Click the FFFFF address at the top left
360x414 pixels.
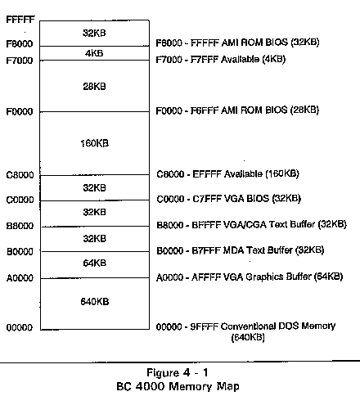pos(20,20)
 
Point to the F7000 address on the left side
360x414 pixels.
pos(20,61)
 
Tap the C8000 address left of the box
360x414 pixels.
pos(20,175)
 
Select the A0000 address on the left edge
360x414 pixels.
pos(20,278)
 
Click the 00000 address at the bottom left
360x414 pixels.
pos(20,327)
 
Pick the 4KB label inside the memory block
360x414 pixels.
pos(94,53)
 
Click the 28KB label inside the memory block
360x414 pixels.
pos(94,87)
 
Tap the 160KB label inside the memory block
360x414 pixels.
pos(95,143)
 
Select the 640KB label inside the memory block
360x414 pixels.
pos(95,301)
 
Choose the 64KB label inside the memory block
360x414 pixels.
pos(95,263)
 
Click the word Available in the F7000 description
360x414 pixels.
pos(240,59)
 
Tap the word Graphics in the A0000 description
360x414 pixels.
pos(264,277)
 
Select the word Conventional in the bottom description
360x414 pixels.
pos(251,326)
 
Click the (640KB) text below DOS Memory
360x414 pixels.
pos(248,337)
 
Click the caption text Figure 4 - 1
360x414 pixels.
pos(178,372)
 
